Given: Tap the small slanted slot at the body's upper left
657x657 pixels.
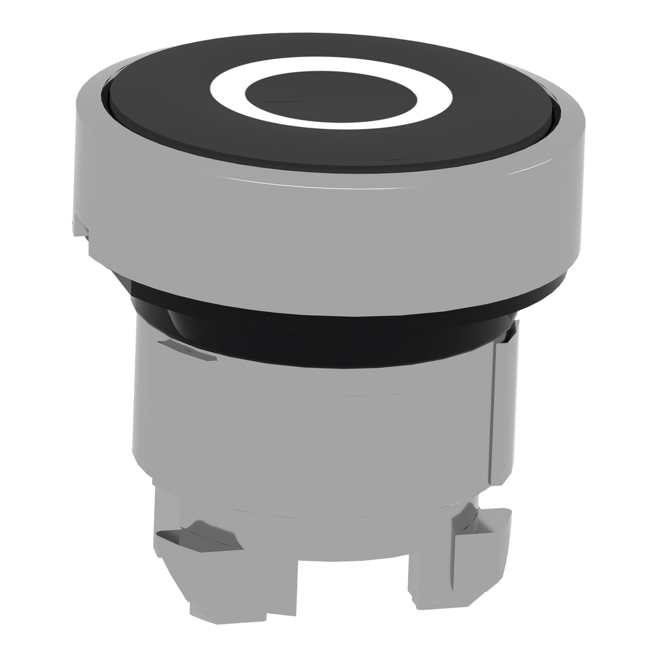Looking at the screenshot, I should click(x=186, y=350).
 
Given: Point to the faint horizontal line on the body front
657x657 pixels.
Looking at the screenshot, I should click(x=372, y=395).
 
